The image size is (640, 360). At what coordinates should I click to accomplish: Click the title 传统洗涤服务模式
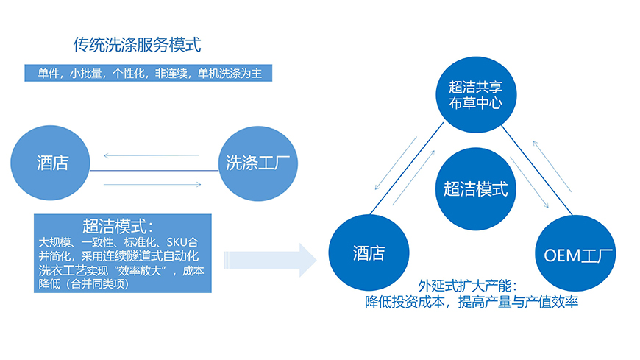(137, 45)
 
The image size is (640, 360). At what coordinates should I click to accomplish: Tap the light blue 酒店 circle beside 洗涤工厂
(50, 163)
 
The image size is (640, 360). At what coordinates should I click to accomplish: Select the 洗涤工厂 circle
(258, 163)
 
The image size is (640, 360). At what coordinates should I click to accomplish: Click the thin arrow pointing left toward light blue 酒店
(151, 155)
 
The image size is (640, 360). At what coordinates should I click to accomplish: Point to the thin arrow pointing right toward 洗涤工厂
(152, 184)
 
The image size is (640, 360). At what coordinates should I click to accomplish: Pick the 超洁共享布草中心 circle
(476, 94)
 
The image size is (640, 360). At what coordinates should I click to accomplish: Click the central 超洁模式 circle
(475, 188)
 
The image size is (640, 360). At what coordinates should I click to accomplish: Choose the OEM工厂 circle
(575, 254)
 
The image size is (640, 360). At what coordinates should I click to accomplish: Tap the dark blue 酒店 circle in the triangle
(369, 253)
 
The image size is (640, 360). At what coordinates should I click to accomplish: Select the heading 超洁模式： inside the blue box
(118, 226)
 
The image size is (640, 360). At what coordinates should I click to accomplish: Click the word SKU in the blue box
(177, 242)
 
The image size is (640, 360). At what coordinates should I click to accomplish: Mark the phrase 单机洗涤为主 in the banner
(230, 74)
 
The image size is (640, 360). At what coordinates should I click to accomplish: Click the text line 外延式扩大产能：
(468, 286)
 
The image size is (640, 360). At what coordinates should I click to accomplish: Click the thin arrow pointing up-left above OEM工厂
(552, 166)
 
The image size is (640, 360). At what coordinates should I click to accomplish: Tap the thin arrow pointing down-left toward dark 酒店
(396, 163)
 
